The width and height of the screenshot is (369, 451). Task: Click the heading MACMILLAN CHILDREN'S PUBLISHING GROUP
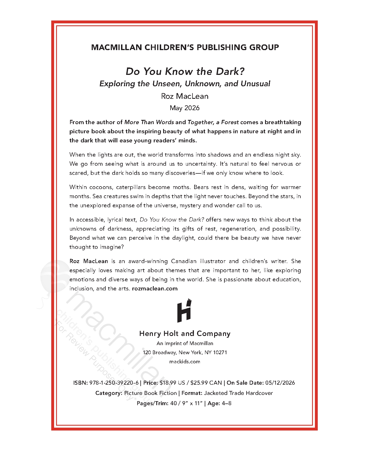pos(185,47)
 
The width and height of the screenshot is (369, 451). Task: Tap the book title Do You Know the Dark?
pos(185,71)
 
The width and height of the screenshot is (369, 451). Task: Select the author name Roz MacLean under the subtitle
pos(184,96)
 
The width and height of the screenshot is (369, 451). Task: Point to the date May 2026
pos(184,108)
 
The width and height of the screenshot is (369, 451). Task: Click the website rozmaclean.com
pos(155,288)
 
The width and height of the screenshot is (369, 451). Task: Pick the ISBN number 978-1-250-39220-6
pos(114,383)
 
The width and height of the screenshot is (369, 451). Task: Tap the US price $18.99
pos(168,383)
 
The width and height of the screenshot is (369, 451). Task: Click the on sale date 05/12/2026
pos(280,383)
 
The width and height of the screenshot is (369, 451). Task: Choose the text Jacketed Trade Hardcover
pos(238,393)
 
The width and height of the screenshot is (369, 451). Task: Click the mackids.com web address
pos(184,362)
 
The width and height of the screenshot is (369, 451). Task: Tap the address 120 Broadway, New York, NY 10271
pos(185,352)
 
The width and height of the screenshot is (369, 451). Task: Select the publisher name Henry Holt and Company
pos(185,334)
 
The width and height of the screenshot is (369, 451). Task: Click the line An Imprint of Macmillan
pos(185,343)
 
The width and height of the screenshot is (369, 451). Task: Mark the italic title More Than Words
pos(149,122)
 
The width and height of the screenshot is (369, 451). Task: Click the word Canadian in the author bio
pos(184,261)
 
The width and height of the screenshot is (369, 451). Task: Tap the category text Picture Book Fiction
pos(150,393)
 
